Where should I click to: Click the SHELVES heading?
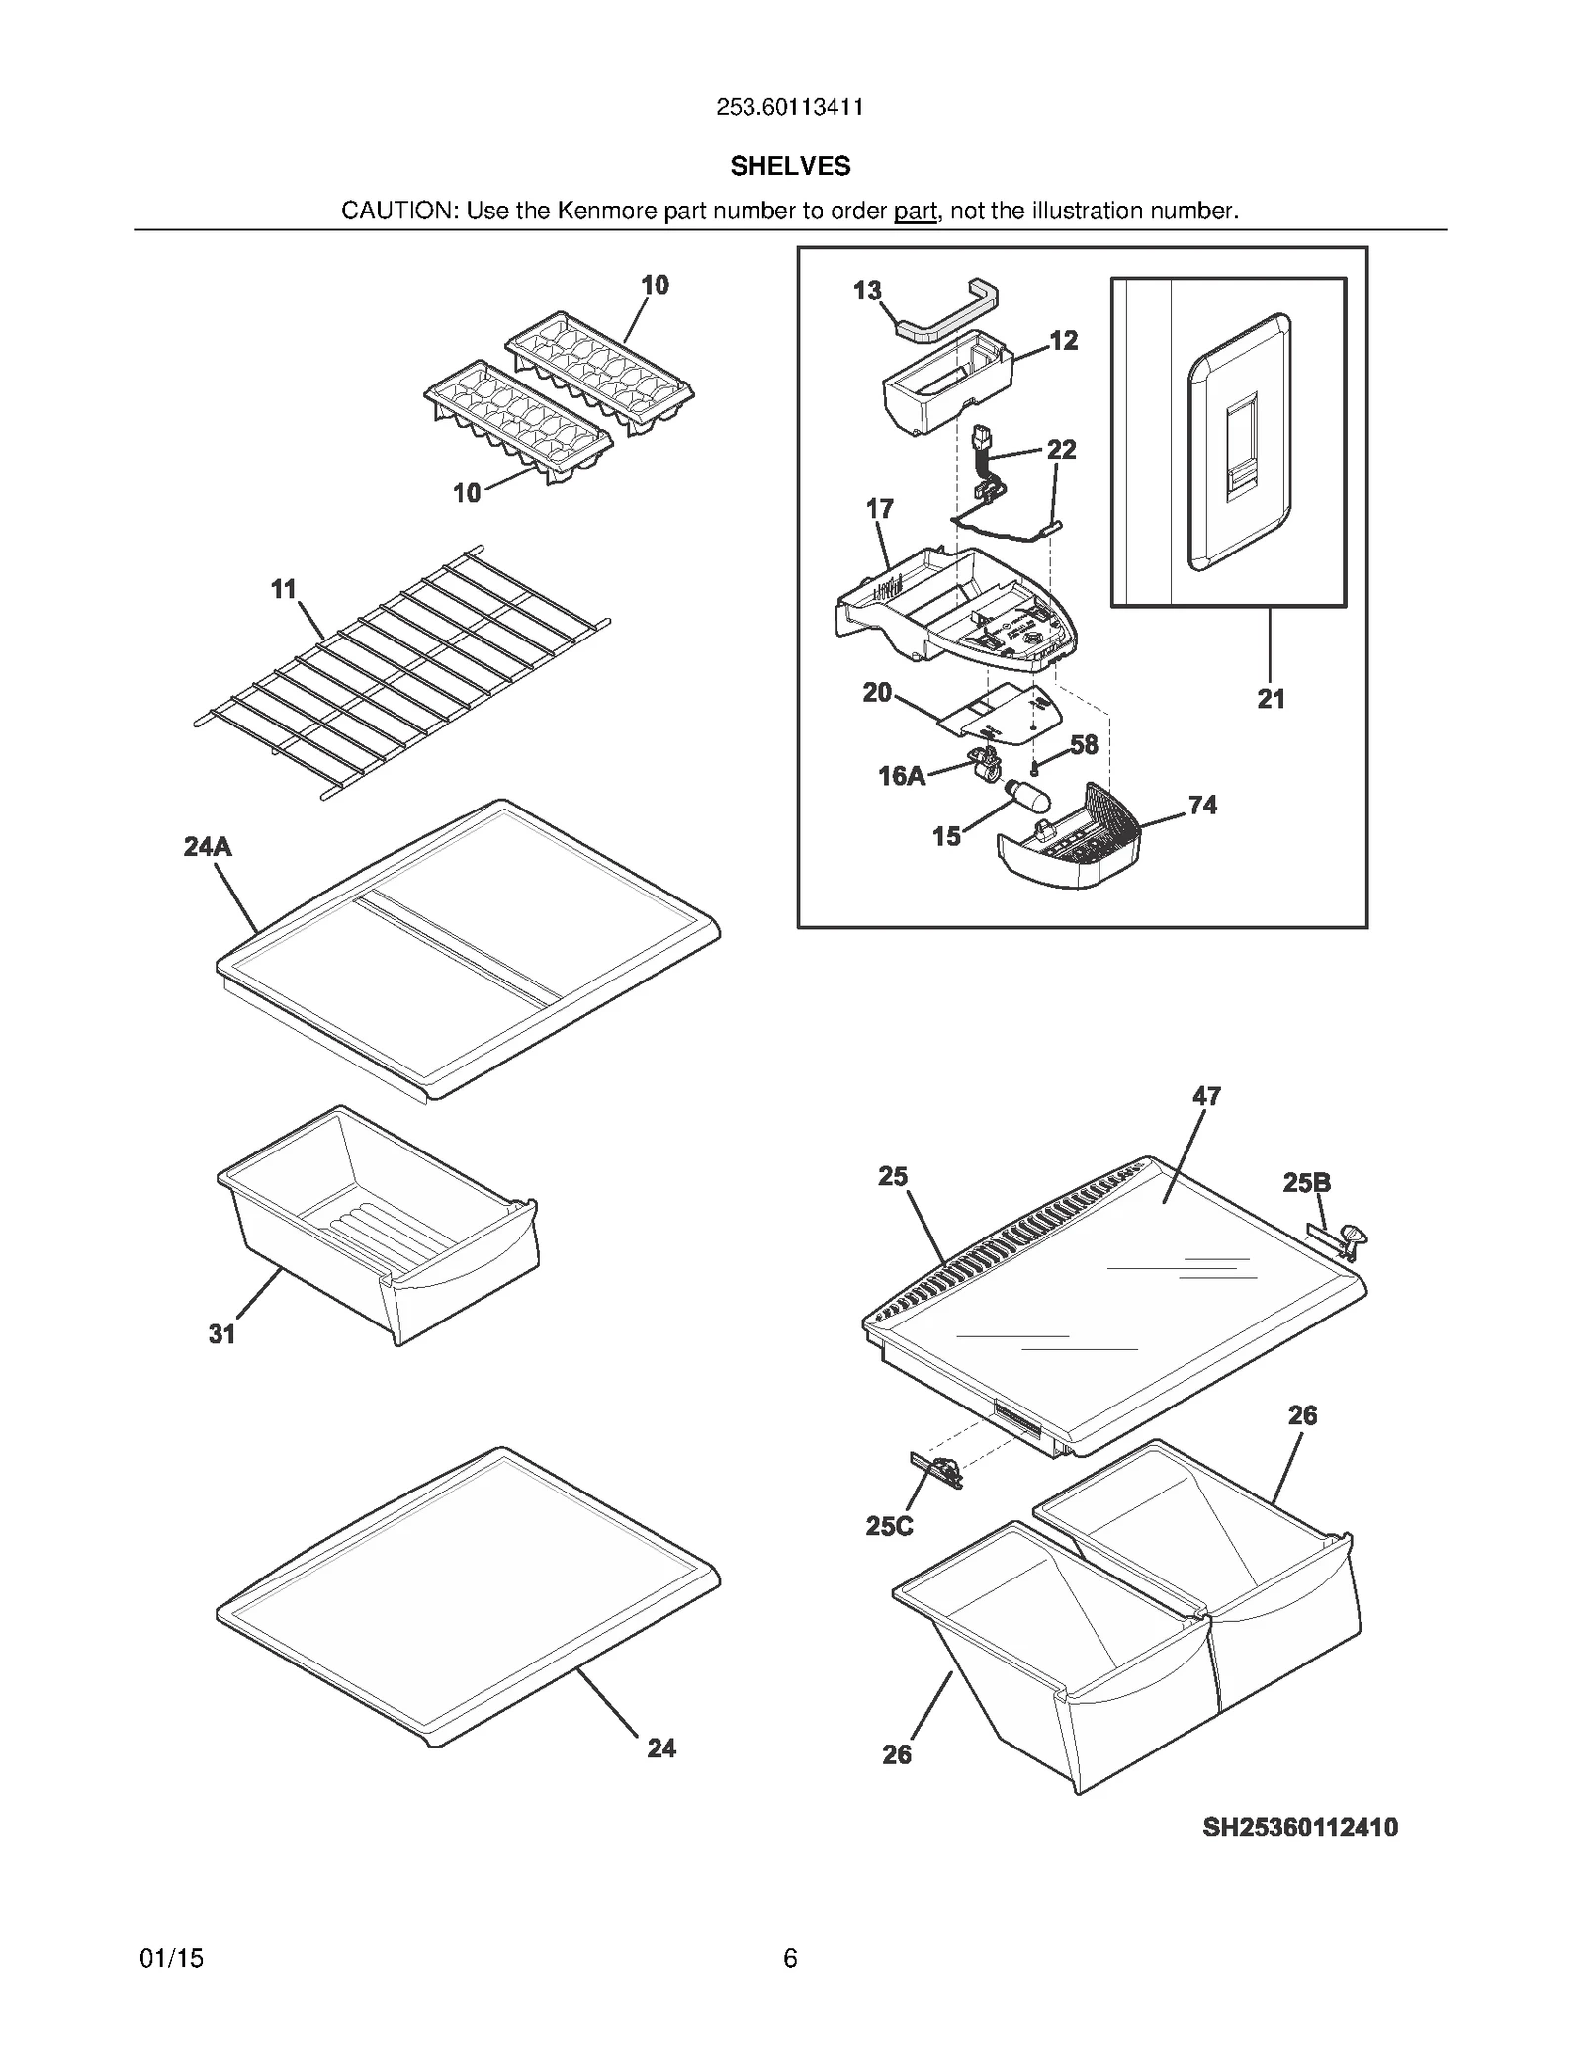(x=790, y=166)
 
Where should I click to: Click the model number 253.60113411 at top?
(x=790, y=107)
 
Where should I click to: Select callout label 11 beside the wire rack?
(x=284, y=589)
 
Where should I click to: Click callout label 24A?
(x=208, y=846)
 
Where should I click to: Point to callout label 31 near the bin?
(x=221, y=1334)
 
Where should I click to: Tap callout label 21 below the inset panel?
(x=1271, y=699)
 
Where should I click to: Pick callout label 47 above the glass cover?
(x=1206, y=1095)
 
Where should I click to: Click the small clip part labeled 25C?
(x=937, y=1471)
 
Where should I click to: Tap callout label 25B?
(x=1306, y=1182)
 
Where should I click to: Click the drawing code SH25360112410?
(x=1300, y=1828)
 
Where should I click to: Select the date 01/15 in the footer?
(x=172, y=1958)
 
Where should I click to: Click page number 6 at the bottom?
(x=790, y=1958)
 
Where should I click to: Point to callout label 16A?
(x=902, y=776)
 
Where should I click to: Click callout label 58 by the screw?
(x=1084, y=744)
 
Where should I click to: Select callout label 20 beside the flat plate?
(x=877, y=692)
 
